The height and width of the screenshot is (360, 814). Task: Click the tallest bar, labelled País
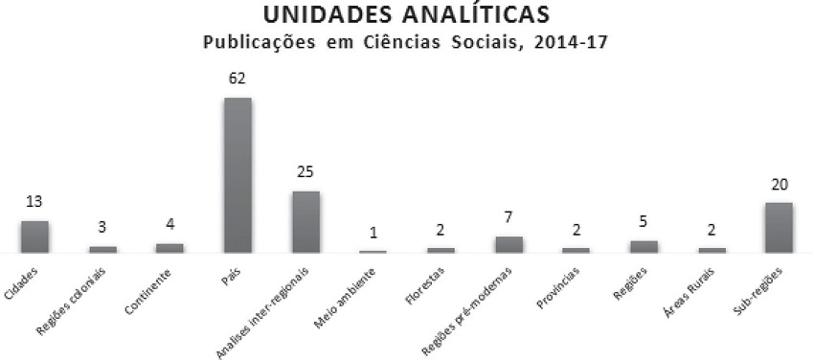[x=237, y=174]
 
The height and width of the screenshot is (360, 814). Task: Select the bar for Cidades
[x=34, y=236]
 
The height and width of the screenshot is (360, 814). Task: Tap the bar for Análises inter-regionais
[x=305, y=221]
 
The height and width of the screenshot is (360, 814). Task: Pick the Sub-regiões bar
[x=779, y=227]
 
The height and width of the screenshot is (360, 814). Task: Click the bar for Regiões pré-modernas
[x=509, y=244]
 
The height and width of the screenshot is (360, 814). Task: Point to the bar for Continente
[x=170, y=247]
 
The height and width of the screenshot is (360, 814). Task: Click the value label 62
[x=237, y=79]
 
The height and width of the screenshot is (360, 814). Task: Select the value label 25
[x=305, y=172]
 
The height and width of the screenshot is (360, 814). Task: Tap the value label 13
[x=34, y=202]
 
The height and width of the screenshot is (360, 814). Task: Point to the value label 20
[x=779, y=184]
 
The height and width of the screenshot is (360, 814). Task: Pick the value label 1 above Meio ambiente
[x=373, y=233]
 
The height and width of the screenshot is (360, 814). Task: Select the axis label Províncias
[x=559, y=286]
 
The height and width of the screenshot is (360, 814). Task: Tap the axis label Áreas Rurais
[x=694, y=288]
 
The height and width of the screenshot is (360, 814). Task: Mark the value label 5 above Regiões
[x=644, y=222]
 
